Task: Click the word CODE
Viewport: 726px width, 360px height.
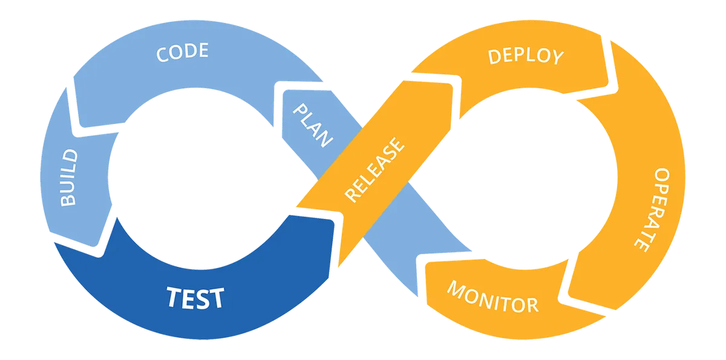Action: (182, 52)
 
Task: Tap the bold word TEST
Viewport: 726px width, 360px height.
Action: (195, 298)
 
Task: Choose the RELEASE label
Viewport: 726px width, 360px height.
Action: (374, 170)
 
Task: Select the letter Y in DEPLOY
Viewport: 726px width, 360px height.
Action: (556, 58)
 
